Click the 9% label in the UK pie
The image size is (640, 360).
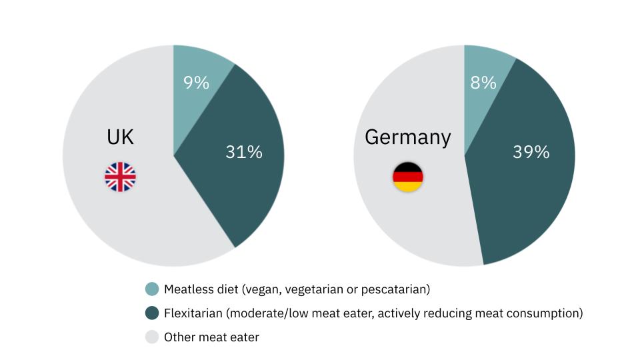coord(196,83)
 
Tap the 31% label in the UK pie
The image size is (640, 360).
coord(244,152)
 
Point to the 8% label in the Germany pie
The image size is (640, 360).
coord(483,83)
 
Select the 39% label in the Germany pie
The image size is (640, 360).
coord(531,152)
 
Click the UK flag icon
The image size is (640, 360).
coord(120,177)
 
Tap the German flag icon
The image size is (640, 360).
coord(407,177)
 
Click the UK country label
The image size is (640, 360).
coord(120,137)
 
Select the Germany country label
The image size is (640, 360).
coord(407,137)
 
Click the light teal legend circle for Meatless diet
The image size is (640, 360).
coord(152,289)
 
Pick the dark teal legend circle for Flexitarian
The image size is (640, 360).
coord(152,313)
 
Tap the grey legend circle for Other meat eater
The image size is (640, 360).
coord(152,337)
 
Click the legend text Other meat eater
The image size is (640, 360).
coord(211,337)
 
